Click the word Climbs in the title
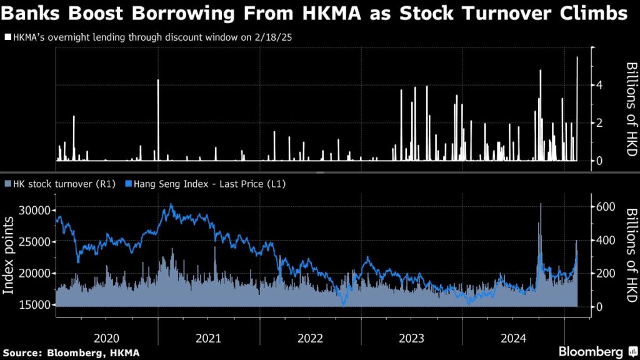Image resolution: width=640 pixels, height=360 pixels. click(593, 14)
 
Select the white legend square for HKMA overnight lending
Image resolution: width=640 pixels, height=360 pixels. click(7, 37)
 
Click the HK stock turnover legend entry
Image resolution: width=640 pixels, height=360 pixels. click(60, 184)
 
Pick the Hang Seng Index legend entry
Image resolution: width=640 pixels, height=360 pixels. click(205, 184)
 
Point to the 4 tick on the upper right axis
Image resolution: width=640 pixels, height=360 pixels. click(599, 85)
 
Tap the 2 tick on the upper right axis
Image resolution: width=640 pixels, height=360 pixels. click(599, 123)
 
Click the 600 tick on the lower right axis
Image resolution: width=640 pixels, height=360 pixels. click(606, 206)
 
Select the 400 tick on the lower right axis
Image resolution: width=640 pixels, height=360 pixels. click(606, 240)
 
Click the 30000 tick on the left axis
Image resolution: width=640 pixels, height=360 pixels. click(35, 211)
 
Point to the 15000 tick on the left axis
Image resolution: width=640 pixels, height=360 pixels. click(35, 305)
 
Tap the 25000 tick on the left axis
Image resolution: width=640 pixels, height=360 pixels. click(35, 242)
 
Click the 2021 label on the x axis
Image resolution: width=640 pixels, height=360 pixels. click(208, 338)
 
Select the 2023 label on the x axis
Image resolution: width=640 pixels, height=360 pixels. click(411, 338)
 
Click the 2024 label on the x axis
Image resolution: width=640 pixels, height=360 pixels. click(514, 338)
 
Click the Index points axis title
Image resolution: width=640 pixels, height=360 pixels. click(8, 256)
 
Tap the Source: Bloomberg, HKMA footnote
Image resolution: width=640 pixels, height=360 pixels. click(71, 352)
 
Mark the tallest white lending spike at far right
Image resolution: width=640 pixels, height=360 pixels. click(577, 109)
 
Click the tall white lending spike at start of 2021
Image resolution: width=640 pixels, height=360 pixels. click(158, 120)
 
